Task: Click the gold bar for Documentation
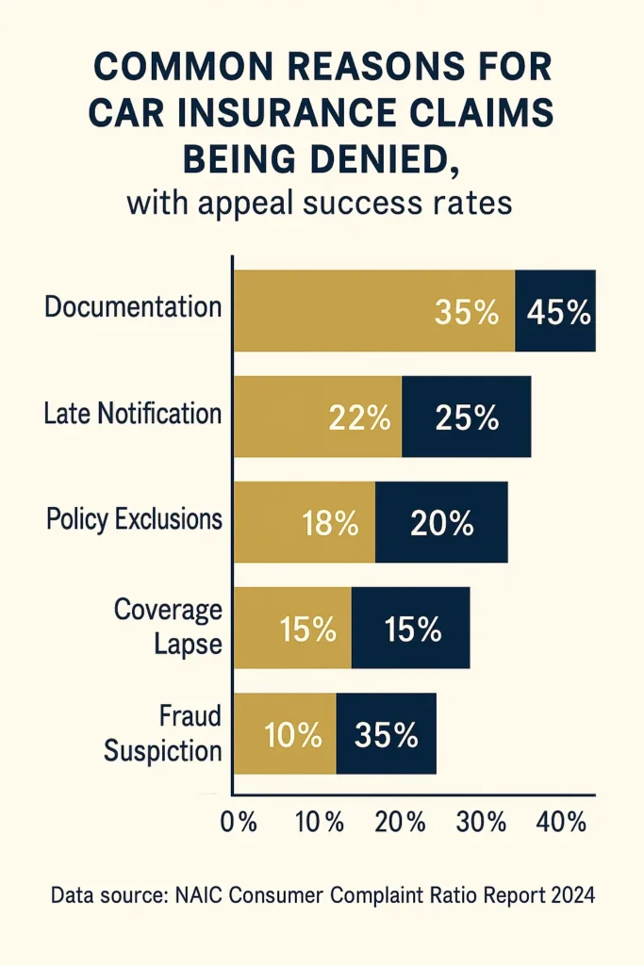coord(373,311)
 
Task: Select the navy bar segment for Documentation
coord(555,311)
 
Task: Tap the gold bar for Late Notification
coord(318,417)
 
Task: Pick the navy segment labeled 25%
coord(467,417)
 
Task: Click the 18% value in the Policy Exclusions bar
coord(330,523)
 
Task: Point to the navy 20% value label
coord(442,523)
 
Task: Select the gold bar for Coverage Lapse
coord(292,629)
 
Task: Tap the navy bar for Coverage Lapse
coord(411,629)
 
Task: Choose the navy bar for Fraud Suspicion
coord(387,734)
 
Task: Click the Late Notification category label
coord(133,414)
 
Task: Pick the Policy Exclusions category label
coord(134,519)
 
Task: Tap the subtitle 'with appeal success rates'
coord(320,204)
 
